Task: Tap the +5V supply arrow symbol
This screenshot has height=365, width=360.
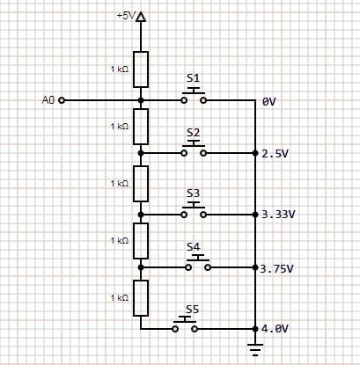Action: pos(141,17)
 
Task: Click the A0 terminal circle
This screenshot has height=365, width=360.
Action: pos(62,100)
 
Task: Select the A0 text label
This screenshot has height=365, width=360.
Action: pos(48,100)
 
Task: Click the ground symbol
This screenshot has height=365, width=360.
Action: pos(255,350)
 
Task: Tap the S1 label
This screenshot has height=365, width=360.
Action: pos(194,78)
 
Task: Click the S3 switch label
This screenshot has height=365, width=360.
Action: pos(194,193)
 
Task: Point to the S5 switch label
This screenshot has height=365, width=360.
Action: pos(192,310)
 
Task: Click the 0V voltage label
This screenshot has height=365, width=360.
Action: pos(269,102)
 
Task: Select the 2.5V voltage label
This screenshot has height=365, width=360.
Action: pos(275,154)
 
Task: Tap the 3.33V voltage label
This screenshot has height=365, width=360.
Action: pos(278,215)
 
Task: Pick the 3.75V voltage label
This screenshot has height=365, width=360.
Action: pos(276,268)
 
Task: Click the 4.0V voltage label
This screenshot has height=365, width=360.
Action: pos(275,329)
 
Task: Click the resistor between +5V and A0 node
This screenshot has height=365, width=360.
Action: pos(141,69)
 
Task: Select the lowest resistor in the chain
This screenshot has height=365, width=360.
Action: pos(141,298)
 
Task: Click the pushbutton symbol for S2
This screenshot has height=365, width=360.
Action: pos(194,149)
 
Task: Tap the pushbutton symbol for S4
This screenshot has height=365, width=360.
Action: pos(198,263)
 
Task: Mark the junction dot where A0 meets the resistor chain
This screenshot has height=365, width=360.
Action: pos(141,100)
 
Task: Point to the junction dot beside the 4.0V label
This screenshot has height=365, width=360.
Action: pos(255,329)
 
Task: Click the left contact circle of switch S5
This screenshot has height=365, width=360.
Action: pos(175,329)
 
